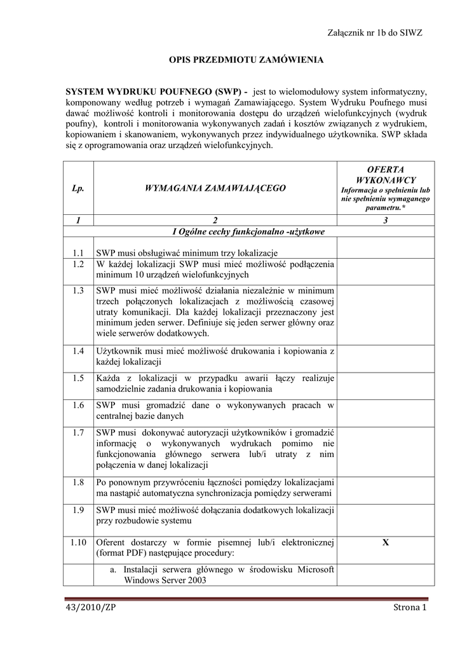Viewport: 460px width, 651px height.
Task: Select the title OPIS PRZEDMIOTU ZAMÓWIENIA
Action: [x=246, y=60]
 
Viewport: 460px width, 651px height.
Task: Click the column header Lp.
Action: [x=78, y=188]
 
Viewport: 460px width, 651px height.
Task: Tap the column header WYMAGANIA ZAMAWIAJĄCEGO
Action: [x=215, y=188]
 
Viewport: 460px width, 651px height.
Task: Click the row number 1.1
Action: [x=78, y=252]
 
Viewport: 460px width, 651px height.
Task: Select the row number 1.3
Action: [x=78, y=291]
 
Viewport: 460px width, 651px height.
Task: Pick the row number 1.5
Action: [x=78, y=378]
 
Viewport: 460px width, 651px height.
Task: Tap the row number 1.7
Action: [x=78, y=432]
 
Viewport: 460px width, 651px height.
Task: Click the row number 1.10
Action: [x=78, y=542]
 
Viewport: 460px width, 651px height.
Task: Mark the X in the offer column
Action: [x=386, y=542]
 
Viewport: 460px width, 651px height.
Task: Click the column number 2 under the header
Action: [x=215, y=220]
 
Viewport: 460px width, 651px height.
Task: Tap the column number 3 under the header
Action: [x=386, y=220]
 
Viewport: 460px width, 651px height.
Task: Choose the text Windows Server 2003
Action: [x=165, y=580]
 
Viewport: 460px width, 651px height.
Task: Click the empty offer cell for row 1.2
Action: [x=386, y=270]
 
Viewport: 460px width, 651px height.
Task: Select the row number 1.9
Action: [x=78, y=510]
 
